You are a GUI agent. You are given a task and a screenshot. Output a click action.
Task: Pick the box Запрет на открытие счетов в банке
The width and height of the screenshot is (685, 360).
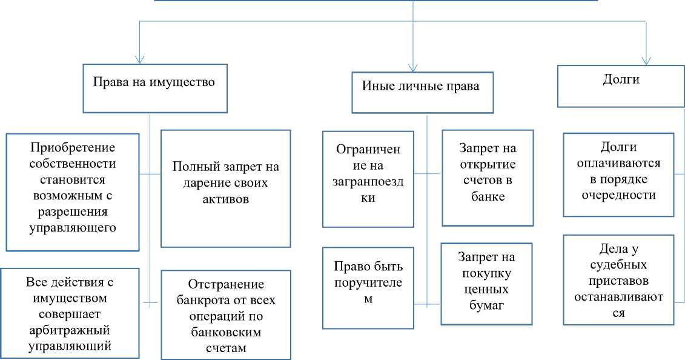point(488,178)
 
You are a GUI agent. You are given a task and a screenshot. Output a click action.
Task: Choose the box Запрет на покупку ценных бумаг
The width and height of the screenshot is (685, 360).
point(486,283)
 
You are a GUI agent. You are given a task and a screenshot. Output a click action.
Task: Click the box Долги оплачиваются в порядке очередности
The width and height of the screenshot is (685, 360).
point(618,175)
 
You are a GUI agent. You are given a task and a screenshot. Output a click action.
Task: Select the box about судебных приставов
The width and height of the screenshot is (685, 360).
point(618,279)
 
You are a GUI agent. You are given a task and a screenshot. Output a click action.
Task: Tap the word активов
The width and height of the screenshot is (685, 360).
point(225,200)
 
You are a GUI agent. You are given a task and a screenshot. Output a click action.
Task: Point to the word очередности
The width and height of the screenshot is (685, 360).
point(618,195)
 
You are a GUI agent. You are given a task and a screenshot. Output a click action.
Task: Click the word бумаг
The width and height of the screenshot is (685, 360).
point(486,305)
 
